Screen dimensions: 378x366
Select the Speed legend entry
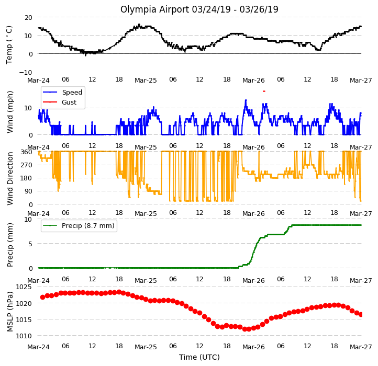62,92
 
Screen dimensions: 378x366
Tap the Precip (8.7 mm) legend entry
79,226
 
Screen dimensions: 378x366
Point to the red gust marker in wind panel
264,92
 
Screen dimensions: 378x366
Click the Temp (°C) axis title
9,45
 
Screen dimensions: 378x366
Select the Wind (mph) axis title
9,112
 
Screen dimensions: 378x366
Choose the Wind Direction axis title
9,178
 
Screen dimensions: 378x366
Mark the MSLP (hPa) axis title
9,312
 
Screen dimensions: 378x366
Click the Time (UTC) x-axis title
199,357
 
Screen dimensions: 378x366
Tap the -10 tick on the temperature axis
26,73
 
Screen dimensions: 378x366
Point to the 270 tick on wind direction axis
27,165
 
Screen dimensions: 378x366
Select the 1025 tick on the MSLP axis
24,287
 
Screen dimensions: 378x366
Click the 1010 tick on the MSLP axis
24,336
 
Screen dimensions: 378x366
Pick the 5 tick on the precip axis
30,244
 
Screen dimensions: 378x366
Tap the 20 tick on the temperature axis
28,18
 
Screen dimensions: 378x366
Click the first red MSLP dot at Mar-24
43,298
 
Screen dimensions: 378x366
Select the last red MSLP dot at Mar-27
361,314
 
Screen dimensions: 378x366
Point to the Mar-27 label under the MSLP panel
361,347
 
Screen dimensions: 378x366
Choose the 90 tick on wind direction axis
28,191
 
